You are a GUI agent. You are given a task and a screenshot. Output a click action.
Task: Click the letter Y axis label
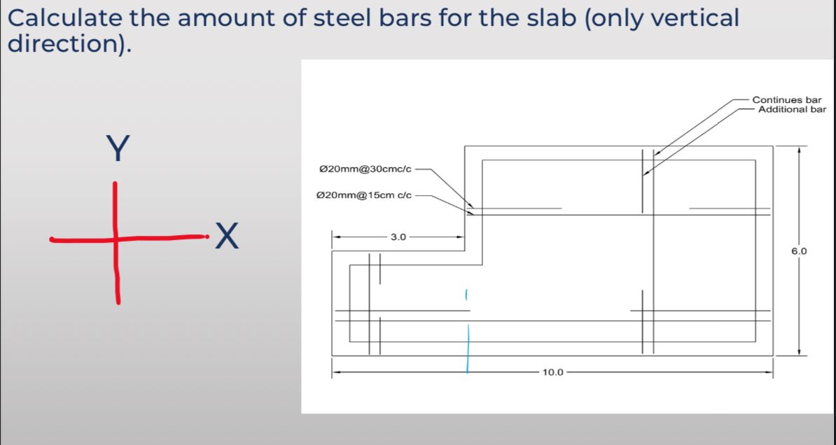pos(118,149)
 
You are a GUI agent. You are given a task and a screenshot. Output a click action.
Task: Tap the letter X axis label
pos(226,236)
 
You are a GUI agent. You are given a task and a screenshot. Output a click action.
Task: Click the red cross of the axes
pos(115,239)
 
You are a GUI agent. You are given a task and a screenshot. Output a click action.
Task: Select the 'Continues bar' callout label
pos(786,101)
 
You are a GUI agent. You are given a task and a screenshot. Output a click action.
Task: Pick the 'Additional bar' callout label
pos(792,109)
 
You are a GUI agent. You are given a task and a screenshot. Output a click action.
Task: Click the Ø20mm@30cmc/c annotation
pos(365,169)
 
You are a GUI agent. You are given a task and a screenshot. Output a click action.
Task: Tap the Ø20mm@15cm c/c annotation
pos(365,196)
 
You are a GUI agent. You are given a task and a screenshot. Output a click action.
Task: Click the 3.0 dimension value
pos(398,237)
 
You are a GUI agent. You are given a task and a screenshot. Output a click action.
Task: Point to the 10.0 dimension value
pos(552,372)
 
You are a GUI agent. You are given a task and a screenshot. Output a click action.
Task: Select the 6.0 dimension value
pos(800,250)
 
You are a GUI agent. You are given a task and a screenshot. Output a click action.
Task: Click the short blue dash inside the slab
pos(465,296)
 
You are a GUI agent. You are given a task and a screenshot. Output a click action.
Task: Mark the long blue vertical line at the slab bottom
pos(468,348)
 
